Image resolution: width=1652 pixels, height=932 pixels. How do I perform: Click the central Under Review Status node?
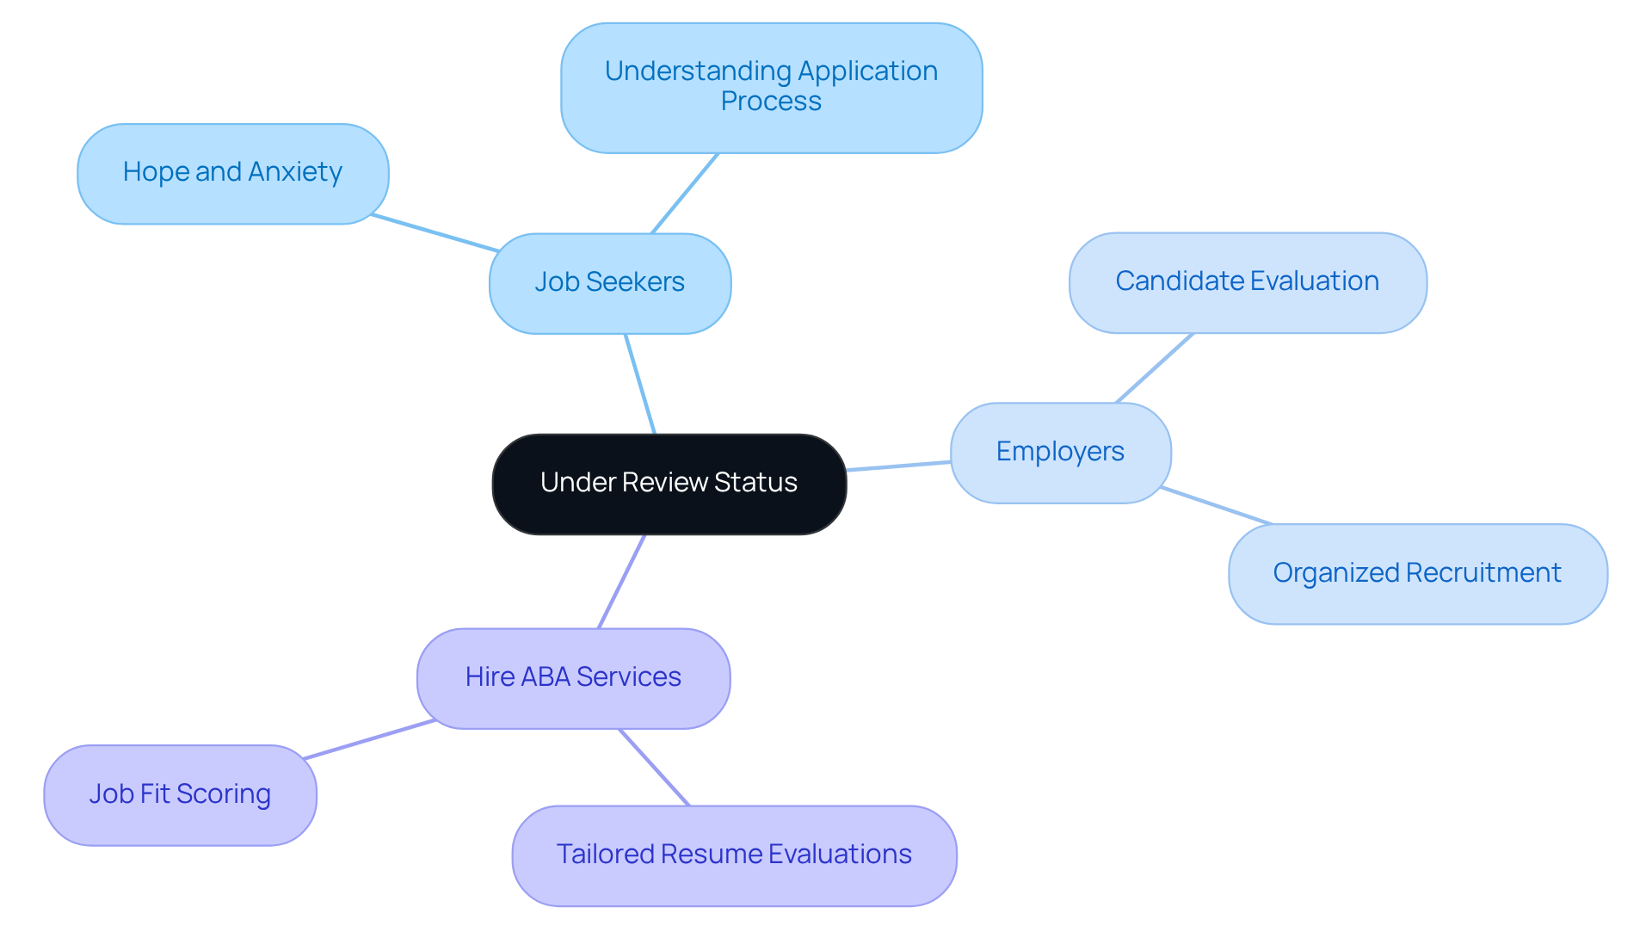pos(669,484)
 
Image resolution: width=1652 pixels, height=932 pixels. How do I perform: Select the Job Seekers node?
pos(609,283)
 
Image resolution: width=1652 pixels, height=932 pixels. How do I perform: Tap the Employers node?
pos(1060,453)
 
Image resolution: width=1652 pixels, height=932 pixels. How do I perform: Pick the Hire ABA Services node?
pos(573,678)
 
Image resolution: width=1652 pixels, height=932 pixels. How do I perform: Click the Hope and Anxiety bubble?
pos(232,173)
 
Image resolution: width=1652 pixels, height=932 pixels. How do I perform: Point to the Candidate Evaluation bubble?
pos(1247,282)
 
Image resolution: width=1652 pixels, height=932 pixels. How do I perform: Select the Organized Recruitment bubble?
pos(1417,574)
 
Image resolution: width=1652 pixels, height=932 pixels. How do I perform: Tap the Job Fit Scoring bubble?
pos(180,794)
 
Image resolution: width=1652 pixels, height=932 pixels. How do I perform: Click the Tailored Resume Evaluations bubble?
pos(734,855)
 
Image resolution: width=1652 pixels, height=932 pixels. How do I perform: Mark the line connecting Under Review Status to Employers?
pos(898,466)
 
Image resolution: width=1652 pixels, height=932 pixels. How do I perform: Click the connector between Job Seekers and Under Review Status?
pos(640,384)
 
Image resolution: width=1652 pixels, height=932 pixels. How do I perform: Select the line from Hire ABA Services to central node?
pos(621,582)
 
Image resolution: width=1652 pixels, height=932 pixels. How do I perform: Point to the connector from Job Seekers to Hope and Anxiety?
pos(435,232)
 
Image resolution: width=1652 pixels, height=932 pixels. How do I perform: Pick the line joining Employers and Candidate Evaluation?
pos(1155,368)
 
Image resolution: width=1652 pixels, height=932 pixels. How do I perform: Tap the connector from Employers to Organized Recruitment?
pos(1216,505)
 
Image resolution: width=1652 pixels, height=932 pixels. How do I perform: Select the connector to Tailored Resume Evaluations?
pos(655,768)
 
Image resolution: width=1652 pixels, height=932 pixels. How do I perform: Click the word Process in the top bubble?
pos(771,102)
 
